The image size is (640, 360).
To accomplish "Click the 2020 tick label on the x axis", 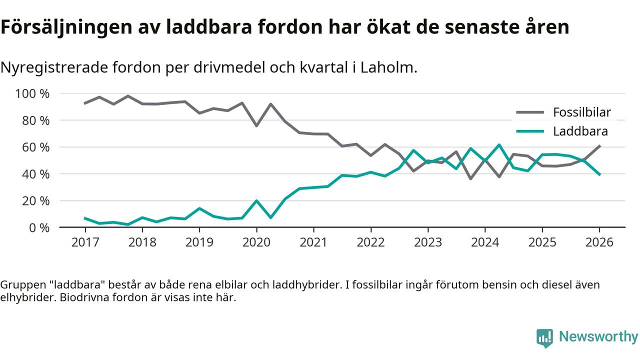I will (x=256, y=242).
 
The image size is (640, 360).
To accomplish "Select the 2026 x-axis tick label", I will (x=599, y=242).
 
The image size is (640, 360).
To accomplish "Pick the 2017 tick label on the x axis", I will (x=85, y=242).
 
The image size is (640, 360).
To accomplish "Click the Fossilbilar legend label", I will (x=581, y=112).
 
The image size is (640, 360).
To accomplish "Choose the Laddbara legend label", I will (x=580, y=131).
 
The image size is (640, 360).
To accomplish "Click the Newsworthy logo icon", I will (x=544, y=338).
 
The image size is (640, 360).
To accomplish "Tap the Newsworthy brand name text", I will (x=598, y=337).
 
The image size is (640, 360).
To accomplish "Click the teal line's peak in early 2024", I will (x=499, y=145).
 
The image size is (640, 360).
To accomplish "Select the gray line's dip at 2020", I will (x=256, y=125).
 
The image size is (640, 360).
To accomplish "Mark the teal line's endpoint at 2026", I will (x=599, y=174).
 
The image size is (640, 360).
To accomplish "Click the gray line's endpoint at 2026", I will (x=599, y=146).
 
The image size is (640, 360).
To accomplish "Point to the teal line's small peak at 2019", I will (x=199, y=208).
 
